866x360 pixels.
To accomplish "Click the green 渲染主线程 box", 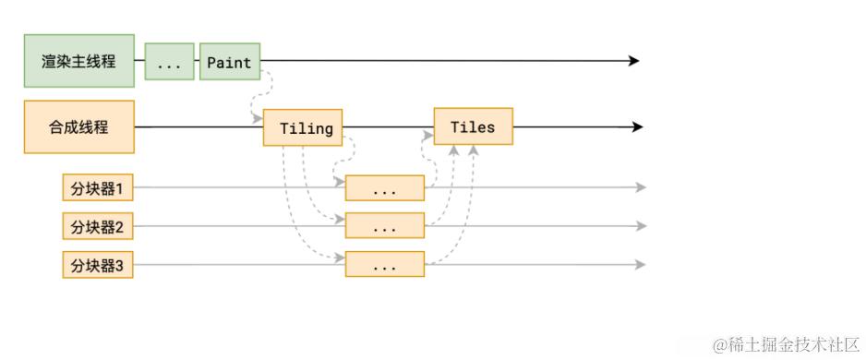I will [x=78, y=62].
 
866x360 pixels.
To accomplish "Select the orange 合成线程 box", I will [x=78, y=127].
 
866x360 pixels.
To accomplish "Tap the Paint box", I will [x=230, y=62].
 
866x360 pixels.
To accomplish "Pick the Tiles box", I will [x=473, y=126].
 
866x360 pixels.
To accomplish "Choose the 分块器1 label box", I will [x=98, y=188].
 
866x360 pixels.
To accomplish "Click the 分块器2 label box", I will [x=98, y=225].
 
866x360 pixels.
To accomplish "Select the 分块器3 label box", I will [x=98, y=265].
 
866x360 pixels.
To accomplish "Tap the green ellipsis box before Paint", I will [x=170, y=62].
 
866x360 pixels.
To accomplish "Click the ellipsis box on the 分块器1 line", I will [x=384, y=188].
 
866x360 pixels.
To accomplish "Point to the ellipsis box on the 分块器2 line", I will [x=384, y=226].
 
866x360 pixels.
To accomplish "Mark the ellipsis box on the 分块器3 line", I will [x=384, y=265].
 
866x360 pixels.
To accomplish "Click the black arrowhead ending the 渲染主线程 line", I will [x=633, y=61].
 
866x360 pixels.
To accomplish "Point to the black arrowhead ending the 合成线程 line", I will [x=636, y=127].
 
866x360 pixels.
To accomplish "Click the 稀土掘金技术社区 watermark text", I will [x=786, y=343].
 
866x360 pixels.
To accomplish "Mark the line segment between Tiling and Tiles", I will [x=388, y=127].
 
